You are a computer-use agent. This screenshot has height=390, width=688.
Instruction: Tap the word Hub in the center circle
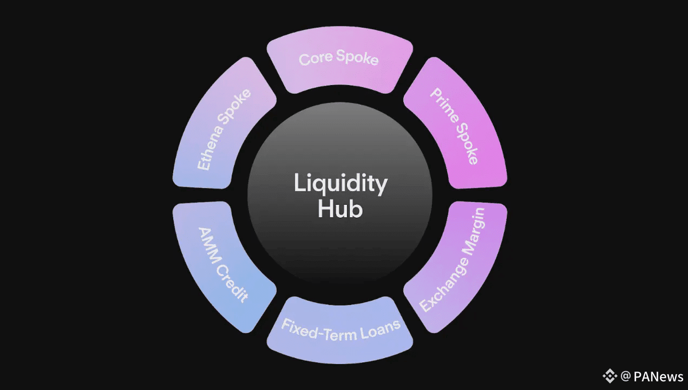(x=340, y=209)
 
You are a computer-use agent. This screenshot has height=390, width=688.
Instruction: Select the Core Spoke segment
(x=339, y=65)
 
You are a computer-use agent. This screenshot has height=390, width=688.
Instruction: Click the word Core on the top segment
(x=316, y=58)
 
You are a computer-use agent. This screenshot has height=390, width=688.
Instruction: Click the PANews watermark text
(x=659, y=376)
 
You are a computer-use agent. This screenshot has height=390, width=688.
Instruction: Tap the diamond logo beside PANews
(x=610, y=376)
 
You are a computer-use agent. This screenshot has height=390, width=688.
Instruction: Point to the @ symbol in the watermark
(x=626, y=376)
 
